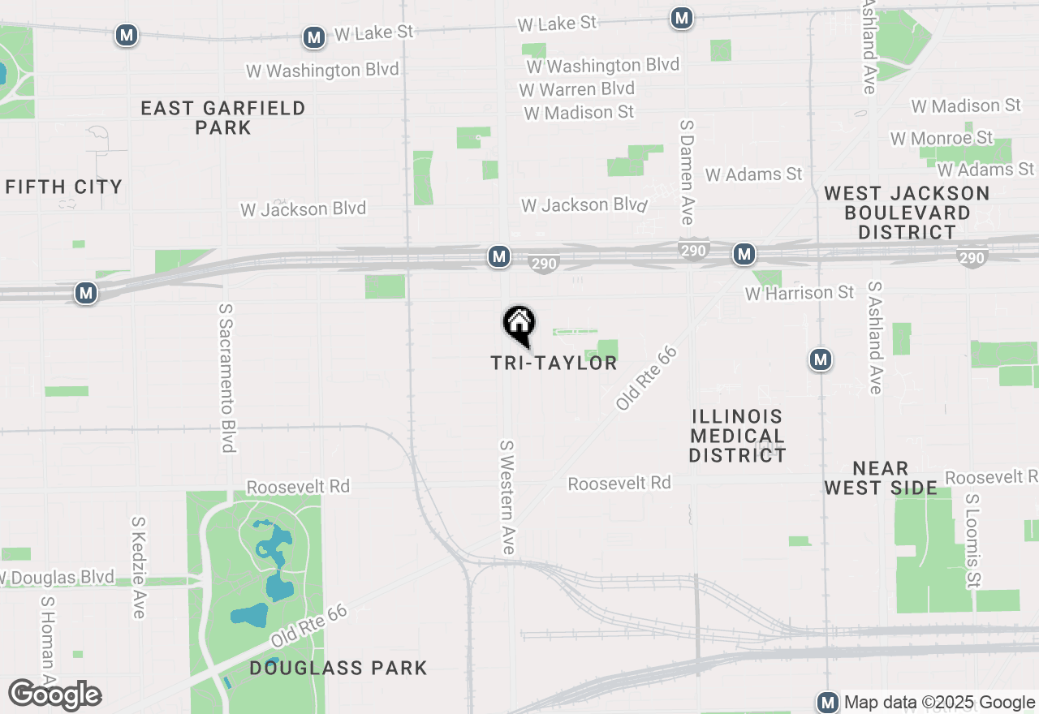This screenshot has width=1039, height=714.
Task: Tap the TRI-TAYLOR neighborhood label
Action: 554,363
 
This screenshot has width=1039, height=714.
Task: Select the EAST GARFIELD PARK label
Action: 223,118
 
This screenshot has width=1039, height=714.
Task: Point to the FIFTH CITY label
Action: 64,187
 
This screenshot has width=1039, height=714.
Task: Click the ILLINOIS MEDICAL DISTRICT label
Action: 737,436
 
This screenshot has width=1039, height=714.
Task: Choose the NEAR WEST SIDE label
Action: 881,478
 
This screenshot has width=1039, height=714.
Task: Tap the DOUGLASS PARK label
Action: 338,668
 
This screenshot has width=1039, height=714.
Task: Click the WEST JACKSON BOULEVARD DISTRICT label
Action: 908,213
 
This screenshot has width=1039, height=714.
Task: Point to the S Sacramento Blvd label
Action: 227,377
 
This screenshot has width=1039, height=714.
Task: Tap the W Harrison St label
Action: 800,292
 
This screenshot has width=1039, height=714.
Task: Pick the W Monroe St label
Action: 942,138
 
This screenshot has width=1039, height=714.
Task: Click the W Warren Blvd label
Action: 576,88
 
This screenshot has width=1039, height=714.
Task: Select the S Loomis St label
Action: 971,539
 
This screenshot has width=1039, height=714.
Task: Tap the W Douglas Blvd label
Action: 58,578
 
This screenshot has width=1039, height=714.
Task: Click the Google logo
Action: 54,695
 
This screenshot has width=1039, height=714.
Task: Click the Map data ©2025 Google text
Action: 939,703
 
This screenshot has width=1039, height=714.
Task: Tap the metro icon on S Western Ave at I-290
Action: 499,257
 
